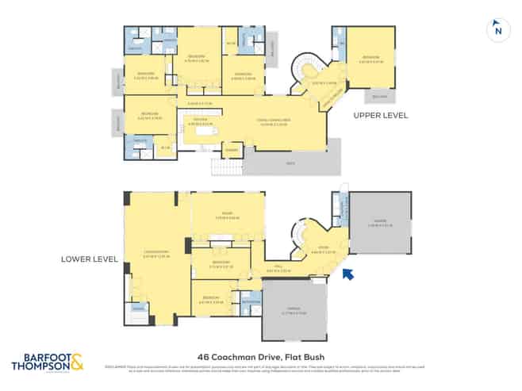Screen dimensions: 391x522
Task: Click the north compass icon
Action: [497, 29]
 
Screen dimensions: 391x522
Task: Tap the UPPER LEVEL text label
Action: [382, 115]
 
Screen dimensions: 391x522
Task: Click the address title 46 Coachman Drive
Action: [261, 356]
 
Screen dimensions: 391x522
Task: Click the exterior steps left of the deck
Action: [226, 167]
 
